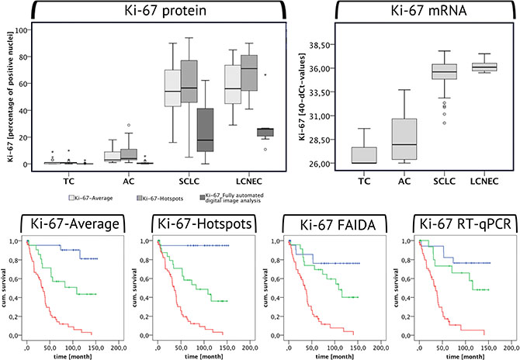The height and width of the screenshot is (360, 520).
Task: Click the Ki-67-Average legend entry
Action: point(93,199)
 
